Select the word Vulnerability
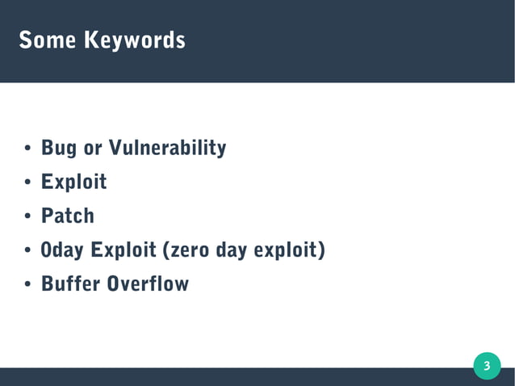[167, 149]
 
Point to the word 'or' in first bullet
[93, 149]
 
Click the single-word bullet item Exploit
[74, 183]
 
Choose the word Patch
[68, 216]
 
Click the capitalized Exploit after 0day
[124, 250]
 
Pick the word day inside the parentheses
[231, 251]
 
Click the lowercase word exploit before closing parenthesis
[287, 251]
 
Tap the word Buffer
[70, 284]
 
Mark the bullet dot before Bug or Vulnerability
[27, 149]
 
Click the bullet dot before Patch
[27, 217]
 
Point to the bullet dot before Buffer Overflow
[27, 285]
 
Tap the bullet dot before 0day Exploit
[27, 251]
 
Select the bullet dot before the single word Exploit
[27, 183]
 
